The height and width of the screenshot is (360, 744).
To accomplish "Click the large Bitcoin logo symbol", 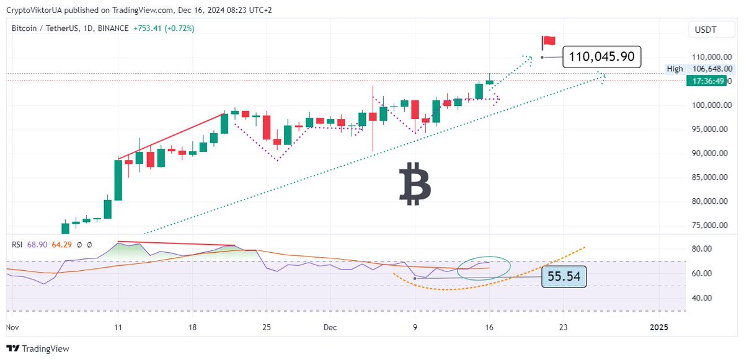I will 415,184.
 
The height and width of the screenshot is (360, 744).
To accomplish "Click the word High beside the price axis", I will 675,69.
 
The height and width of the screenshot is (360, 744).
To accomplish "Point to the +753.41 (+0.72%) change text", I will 164,28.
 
